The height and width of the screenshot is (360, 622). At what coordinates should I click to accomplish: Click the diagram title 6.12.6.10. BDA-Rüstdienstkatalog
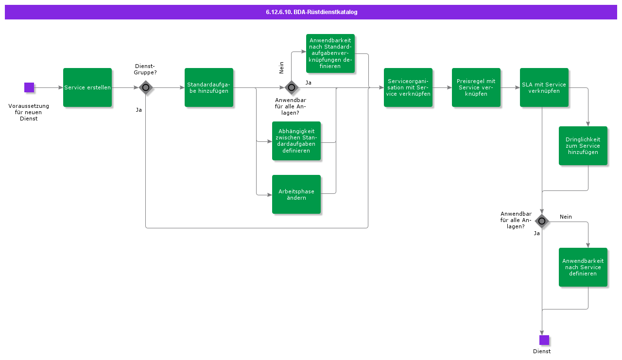(x=311, y=12)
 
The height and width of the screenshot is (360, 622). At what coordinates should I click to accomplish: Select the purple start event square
(x=29, y=87)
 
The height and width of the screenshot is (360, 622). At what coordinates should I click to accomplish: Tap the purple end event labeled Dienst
(x=544, y=340)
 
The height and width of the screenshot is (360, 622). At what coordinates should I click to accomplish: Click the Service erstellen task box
(x=87, y=87)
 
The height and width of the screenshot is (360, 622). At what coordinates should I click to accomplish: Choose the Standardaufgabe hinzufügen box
(x=209, y=87)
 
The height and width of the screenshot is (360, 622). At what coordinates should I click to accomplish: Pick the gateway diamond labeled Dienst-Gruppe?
(x=146, y=87)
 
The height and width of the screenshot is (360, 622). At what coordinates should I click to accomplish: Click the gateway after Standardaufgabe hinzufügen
(x=292, y=87)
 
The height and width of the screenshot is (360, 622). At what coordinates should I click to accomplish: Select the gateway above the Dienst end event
(x=542, y=222)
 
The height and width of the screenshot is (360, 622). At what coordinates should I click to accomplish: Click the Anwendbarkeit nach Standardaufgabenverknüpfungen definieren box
(x=330, y=53)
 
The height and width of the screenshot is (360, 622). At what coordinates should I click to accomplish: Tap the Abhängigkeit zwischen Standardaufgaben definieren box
(x=296, y=141)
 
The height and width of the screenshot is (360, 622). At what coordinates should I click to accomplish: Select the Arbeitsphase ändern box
(x=296, y=194)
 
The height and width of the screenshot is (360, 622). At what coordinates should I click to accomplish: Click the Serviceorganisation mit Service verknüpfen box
(x=408, y=87)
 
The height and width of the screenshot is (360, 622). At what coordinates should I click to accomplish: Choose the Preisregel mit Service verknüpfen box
(x=476, y=87)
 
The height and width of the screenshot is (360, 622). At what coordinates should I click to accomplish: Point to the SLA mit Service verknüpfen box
(x=544, y=87)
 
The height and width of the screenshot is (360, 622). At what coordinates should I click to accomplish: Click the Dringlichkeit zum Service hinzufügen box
(x=583, y=146)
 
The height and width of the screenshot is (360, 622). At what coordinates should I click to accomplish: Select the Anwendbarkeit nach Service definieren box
(x=583, y=267)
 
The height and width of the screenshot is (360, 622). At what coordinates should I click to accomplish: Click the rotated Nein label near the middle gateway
(x=281, y=68)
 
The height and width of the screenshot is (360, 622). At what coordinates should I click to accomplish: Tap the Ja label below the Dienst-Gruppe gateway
(x=139, y=110)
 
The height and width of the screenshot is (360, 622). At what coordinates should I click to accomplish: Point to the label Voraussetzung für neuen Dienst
(x=29, y=112)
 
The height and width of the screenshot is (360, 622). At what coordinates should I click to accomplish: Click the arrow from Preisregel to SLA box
(x=510, y=87)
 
